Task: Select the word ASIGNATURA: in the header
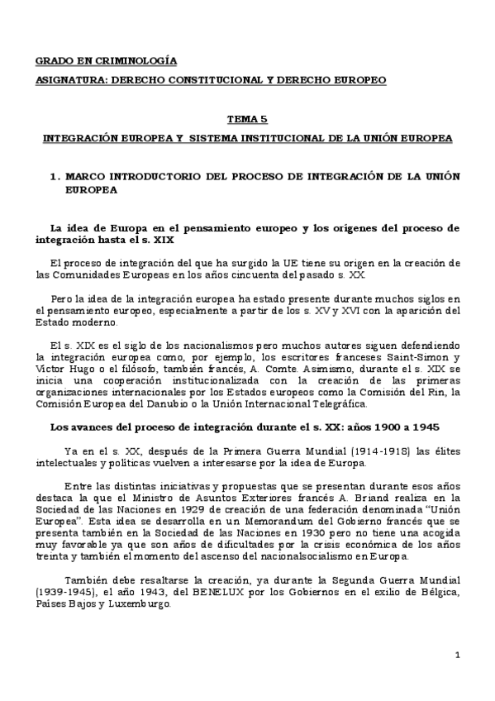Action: tap(73, 80)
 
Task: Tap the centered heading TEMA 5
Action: tap(248, 120)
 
